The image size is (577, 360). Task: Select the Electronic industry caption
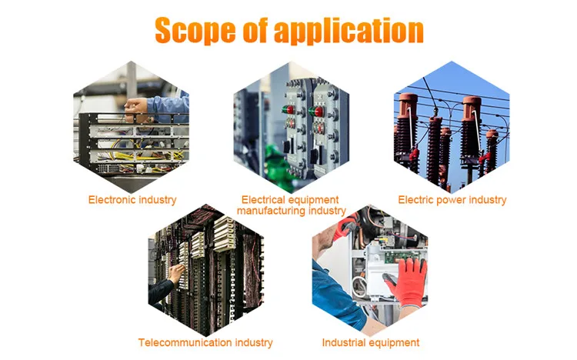132,200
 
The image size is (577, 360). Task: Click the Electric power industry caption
452,200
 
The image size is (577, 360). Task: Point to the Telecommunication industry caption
205,342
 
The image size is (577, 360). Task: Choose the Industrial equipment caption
371,342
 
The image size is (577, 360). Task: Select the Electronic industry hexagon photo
132,127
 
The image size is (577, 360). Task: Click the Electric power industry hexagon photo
452,127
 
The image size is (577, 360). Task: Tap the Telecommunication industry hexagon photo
205,269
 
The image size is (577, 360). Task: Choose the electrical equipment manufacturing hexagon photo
292,127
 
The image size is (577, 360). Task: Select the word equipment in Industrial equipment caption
395,342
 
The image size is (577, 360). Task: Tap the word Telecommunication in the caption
184,342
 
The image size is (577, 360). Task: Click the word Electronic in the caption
112,200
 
